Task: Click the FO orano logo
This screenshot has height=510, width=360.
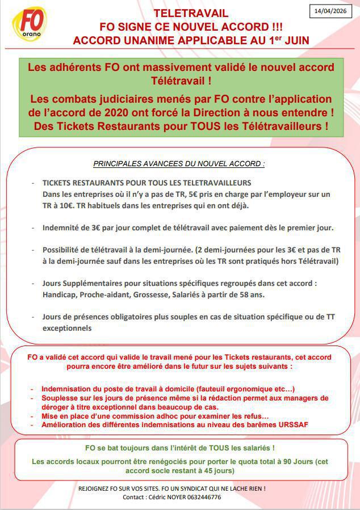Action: pyautogui.click(x=30, y=23)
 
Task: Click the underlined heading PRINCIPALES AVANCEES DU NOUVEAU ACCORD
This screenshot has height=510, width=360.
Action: pyautogui.click(x=179, y=164)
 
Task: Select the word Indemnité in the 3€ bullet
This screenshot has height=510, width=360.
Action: pyautogui.click(x=60, y=227)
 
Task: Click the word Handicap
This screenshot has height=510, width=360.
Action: pyautogui.click(x=60, y=294)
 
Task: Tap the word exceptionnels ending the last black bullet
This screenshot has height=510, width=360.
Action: pyautogui.click(x=66, y=328)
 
